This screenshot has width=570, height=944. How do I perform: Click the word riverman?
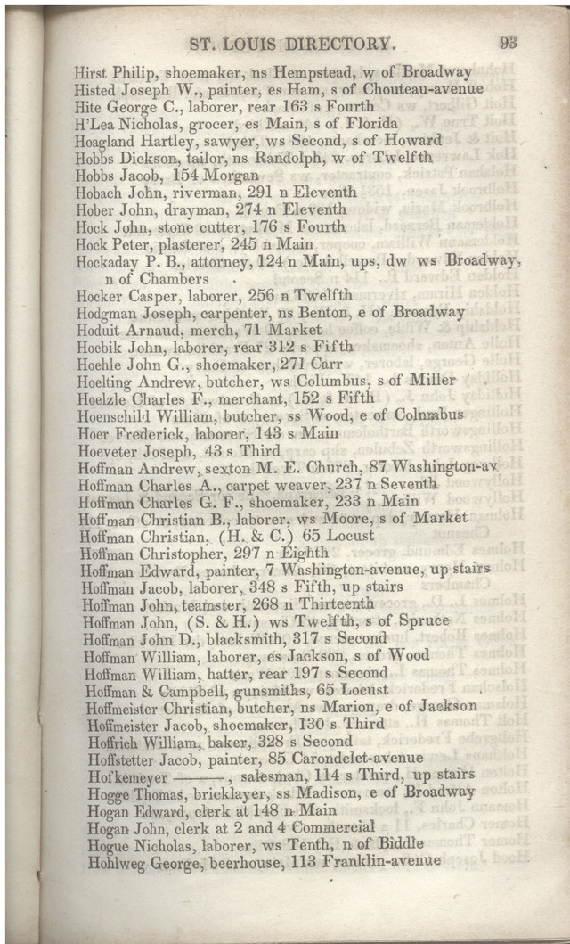click(x=183, y=192)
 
